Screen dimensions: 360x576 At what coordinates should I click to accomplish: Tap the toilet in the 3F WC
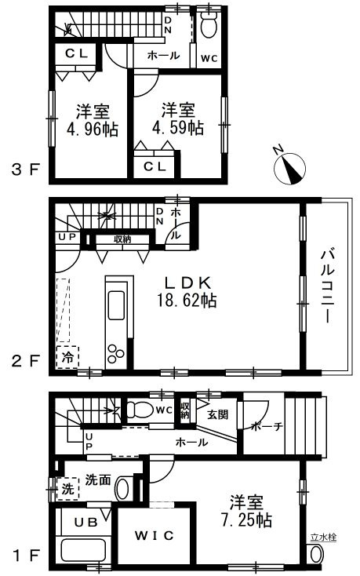209,25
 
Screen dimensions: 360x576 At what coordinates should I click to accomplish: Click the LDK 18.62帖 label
187,291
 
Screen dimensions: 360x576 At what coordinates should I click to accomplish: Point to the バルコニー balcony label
327,286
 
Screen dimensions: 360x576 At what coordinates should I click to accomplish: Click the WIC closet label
154,535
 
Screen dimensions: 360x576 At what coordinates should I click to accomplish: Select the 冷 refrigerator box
67,357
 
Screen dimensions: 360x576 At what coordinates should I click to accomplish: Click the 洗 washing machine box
68,489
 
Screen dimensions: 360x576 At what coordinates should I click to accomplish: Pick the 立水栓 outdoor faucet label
318,538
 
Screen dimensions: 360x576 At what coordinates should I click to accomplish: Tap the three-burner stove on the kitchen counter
115,354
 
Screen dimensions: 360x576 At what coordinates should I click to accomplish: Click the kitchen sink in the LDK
116,305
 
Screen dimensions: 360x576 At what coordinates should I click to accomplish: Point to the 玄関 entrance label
218,414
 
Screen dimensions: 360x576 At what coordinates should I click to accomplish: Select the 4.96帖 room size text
92,129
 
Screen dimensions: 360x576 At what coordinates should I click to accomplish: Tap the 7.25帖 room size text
246,520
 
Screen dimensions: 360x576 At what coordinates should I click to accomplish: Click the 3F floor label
25,170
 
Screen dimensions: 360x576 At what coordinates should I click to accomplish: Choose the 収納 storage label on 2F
122,239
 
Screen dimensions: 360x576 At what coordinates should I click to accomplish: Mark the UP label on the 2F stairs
67,236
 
